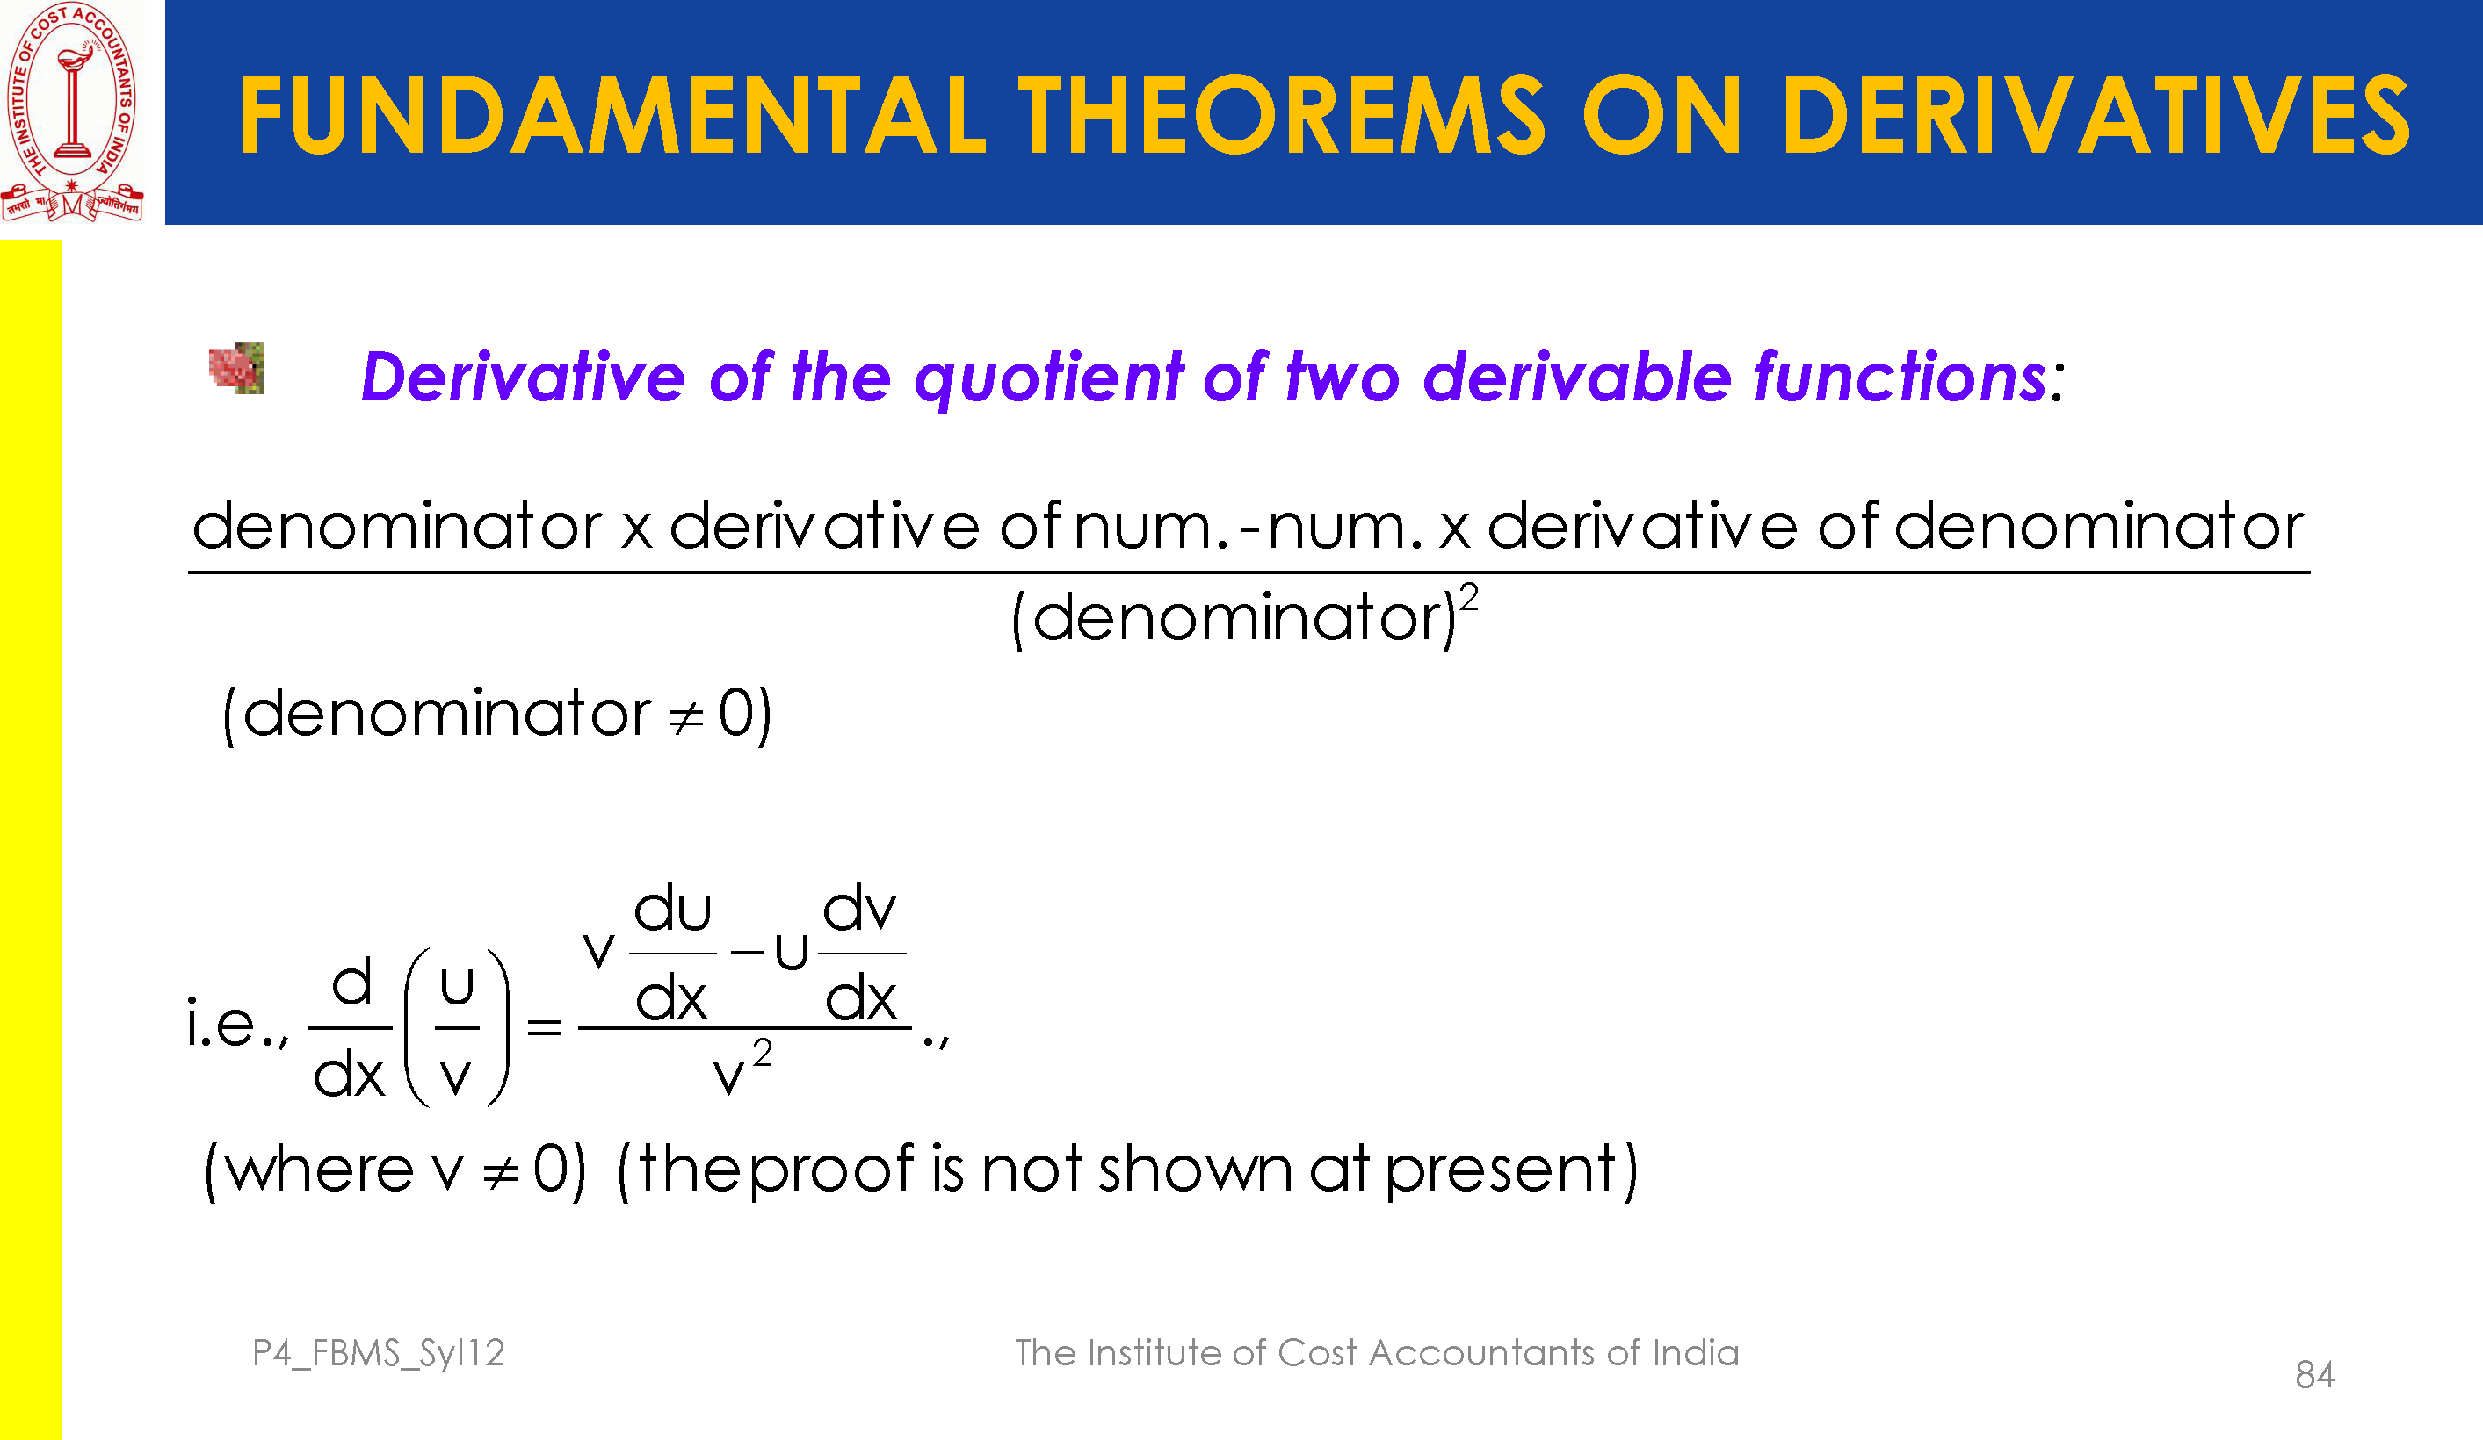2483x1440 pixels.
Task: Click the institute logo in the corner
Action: [72, 112]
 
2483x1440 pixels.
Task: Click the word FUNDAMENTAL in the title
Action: [612, 115]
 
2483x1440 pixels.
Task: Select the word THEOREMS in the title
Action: [1281, 115]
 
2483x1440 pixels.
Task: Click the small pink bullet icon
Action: [236, 369]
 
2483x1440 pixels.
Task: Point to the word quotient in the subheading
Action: [1049, 378]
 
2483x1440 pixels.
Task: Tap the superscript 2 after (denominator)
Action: [1469, 598]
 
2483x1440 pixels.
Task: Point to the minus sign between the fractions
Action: [747, 953]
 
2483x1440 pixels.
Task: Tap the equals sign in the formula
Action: [545, 1027]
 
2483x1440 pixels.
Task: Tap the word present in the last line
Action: [1501, 1171]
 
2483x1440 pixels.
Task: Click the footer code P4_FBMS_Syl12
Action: [380, 1353]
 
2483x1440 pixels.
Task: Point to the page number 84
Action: [2314, 1375]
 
